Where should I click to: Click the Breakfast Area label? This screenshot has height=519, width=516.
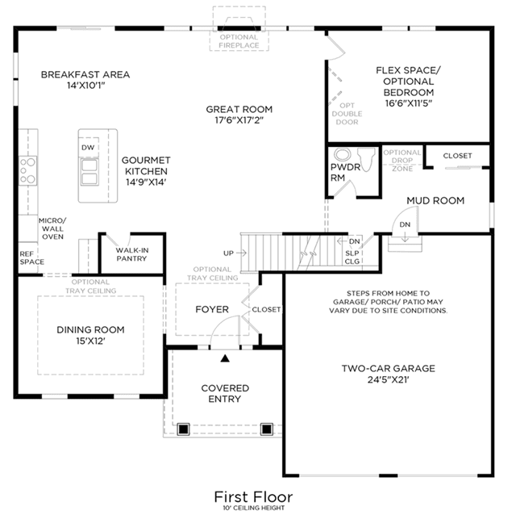click(x=85, y=74)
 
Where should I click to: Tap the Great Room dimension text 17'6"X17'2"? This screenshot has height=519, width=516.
click(x=239, y=119)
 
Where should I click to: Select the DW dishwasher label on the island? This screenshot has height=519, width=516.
click(x=88, y=148)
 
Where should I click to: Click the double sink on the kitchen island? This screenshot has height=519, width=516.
click(x=89, y=172)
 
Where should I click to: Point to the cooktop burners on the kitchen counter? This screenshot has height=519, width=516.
click(x=27, y=171)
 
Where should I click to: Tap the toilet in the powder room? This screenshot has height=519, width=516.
click(x=366, y=159)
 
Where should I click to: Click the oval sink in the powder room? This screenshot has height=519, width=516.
click(x=343, y=154)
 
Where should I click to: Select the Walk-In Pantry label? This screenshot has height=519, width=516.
click(x=132, y=254)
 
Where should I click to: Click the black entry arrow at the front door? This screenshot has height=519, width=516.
click(x=225, y=358)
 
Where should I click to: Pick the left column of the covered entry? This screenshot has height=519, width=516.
click(x=183, y=429)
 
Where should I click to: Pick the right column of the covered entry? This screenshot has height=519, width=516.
click(x=267, y=429)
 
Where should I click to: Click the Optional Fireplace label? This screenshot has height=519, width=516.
click(x=239, y=41)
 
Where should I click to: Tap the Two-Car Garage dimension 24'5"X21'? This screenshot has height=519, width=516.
click(x=388, y=379)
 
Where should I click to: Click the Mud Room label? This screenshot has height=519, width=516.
click(x=435, y=201)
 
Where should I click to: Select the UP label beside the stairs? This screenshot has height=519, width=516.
click(x=228, y=253)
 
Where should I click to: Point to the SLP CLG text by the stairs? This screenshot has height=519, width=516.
click(x=352, y=257)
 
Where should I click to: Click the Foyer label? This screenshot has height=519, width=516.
click(x=212, y=309)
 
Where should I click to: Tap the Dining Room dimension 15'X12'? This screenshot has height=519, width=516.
click(x=90, y=341)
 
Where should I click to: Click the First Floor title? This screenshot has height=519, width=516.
click(x=253, y=497)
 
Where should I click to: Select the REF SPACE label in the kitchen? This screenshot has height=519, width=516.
click(x=31, y=257)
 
